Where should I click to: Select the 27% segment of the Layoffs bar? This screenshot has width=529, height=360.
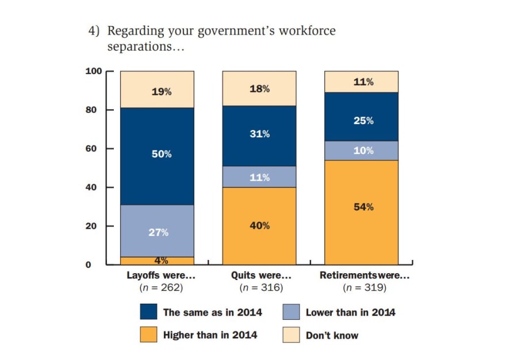tap(157, 231)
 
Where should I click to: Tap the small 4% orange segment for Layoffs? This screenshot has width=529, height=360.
tap(157, 261)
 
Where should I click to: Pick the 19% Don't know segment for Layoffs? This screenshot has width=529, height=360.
tap(157, 90)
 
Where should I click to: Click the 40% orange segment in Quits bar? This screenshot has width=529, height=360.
tap(259, 226)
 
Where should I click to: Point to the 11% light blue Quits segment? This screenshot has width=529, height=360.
tap(259, 177)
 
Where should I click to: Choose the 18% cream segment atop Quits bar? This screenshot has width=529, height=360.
tap(259, 89)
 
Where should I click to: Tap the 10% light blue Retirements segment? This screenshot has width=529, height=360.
tap(362, 150)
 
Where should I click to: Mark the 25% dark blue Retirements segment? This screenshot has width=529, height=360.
tap(362, 121)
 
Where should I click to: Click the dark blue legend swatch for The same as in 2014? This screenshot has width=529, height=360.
tap(148, 312)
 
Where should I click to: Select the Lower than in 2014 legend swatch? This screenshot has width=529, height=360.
tap(291, 312)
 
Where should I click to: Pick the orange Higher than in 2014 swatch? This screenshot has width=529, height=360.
tap(148, 335)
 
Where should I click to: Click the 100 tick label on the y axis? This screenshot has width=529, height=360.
tap(93, 71)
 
